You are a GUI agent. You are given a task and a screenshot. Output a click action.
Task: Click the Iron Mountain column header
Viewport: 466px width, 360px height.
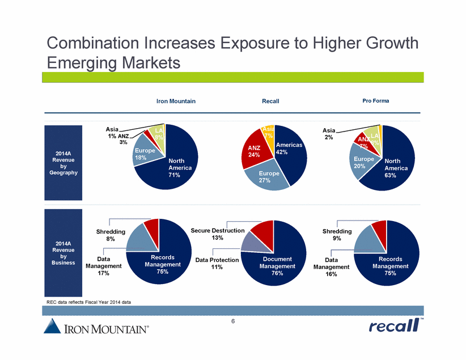point(175,101)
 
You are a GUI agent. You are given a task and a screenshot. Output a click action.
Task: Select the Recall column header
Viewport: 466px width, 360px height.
point(270,101)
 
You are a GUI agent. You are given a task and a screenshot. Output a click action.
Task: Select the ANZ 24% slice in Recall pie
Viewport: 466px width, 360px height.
point(253,151)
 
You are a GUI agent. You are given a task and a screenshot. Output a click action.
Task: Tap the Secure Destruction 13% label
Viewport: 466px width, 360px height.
point(218,234)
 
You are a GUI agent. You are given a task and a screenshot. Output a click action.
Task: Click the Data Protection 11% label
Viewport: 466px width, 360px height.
point(217,263)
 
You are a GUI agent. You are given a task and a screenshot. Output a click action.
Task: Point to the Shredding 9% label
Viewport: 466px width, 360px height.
point(337,235)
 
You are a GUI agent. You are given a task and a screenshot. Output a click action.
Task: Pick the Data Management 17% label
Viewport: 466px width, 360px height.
point(103,265)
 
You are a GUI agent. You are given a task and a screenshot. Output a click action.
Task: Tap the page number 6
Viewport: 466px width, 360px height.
point(232,321)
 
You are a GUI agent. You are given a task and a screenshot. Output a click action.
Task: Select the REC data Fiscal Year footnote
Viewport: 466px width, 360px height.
point(89,302)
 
